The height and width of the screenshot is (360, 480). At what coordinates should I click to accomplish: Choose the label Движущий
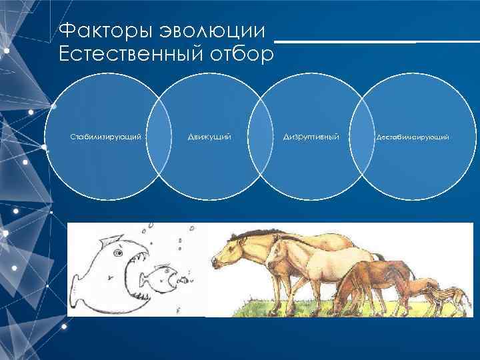tap(209, 137)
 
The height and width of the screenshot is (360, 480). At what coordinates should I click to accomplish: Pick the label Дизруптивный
tap(311, 137)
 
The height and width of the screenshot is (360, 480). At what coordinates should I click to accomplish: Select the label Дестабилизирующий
tap(413, 137)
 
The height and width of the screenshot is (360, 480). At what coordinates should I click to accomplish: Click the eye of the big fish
tap(119, 253)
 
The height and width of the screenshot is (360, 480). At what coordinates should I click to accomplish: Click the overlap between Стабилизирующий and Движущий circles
tap(158, 137)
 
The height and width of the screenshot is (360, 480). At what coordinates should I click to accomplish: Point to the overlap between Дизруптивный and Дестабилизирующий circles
tap(363, 137)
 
